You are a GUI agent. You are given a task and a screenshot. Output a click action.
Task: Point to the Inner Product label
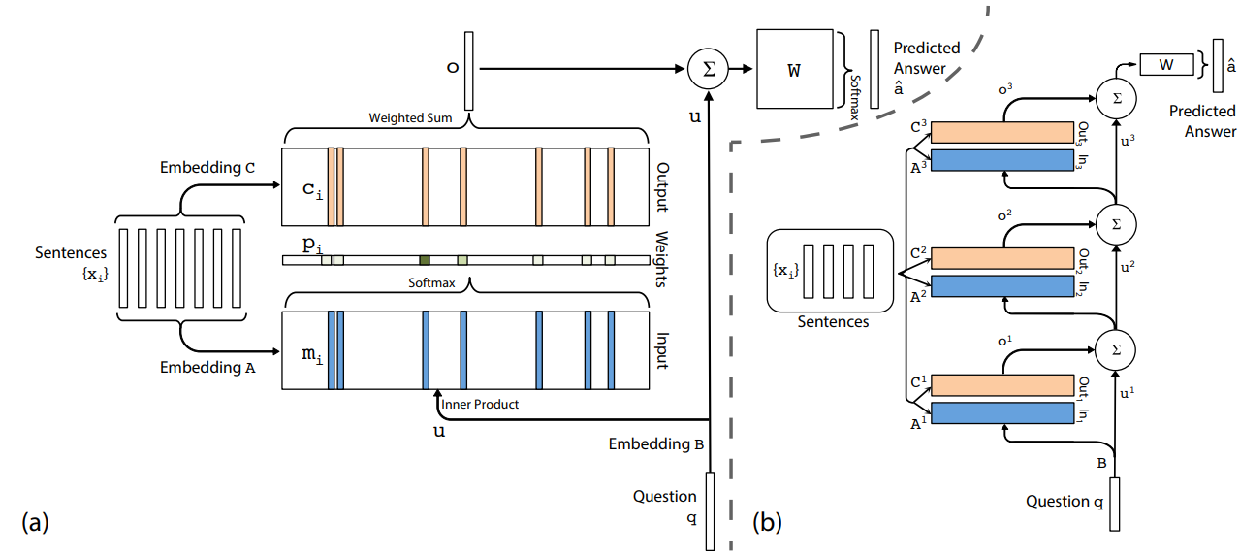click(x=480, y=404)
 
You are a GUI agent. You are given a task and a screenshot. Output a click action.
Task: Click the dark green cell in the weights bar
click(x=425, y=260)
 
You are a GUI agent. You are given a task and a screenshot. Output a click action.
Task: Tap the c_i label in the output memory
click(x=311, y=188)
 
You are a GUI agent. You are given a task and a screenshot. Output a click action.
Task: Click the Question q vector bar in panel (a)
click(x=711, y=509)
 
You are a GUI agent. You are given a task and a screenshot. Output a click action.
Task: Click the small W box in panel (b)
click(x=1166, y=65)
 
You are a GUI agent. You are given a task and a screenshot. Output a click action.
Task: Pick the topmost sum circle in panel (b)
click(x=1115, y=95)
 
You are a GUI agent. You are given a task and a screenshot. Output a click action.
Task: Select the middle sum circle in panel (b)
click(x=1115, y=222)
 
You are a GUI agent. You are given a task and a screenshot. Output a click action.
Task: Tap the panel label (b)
click(x=767, y=523)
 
